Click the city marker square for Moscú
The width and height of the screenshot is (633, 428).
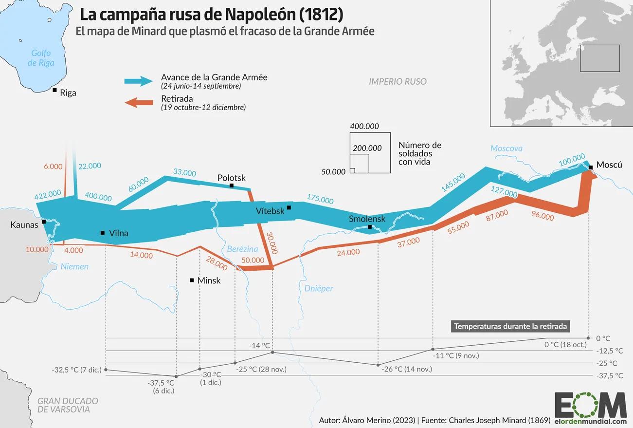[x=590, y=167]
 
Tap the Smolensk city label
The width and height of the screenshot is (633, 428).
[x=367, y=219]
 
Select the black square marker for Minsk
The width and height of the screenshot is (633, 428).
[x=192, y=280]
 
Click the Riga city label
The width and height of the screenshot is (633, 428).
[x=68, y=93]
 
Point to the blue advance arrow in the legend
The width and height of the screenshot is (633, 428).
[x=139, y=81]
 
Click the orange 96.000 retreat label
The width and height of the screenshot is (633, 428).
[x=543, y=216]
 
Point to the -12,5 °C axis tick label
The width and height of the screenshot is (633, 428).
[x=609, y=351]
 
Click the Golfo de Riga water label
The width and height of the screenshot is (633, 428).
[x=41, y=58]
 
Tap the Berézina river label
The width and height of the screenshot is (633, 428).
[x=242, y=249]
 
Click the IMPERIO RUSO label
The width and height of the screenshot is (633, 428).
[x=398, y=81]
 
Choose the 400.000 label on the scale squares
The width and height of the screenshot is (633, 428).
[x=364, y=126]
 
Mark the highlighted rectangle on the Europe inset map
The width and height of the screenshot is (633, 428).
[x=600, y=58]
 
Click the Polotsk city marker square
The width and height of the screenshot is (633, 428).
[x=232, y=186]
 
